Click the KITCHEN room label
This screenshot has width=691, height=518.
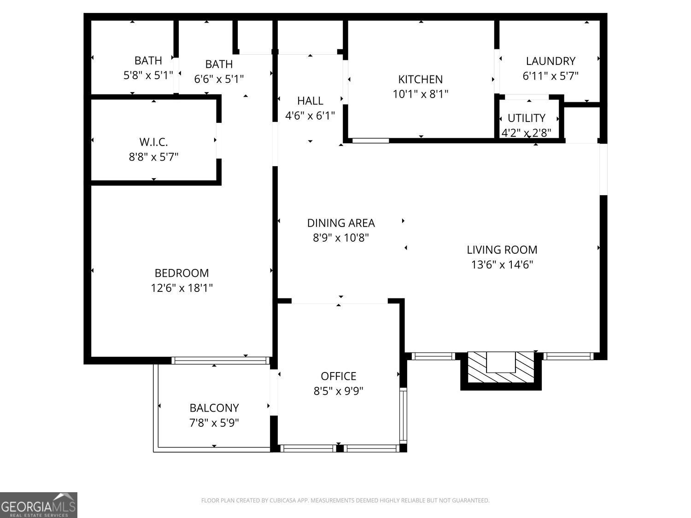click(x=420, y=79)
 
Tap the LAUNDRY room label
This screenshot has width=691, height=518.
click(x=550, y=61)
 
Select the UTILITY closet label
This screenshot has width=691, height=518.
click(x=526, y=118)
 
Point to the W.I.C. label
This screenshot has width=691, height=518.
click(x=153, y=142)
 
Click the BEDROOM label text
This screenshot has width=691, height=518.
click(x=182, y=273)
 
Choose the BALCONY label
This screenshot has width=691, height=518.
click(x=214, y=408)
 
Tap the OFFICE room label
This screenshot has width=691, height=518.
click(x=339, y=376)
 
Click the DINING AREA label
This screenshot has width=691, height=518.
click(x=341, y=223)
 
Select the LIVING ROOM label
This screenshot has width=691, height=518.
click(x=502, y=250)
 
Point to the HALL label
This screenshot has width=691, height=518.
click(x=310, y=100)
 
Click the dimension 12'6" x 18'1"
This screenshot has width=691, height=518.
click(x=182, y=288)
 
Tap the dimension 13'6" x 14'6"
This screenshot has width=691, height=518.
click(x=502, y=265)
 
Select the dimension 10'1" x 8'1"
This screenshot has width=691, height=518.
click(x=420, y=94)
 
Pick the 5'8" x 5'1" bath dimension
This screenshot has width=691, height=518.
click(x=148, y=76)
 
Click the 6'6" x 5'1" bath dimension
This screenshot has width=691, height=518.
click(x=219, y=79)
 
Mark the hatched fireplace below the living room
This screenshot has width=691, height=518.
click(x=501, y=368)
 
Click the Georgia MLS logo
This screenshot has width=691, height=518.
click(x=39, y=505)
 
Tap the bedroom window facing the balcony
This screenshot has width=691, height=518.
click(x=220, y=360)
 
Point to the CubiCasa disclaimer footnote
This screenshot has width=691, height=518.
click(x=345, y=501)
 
